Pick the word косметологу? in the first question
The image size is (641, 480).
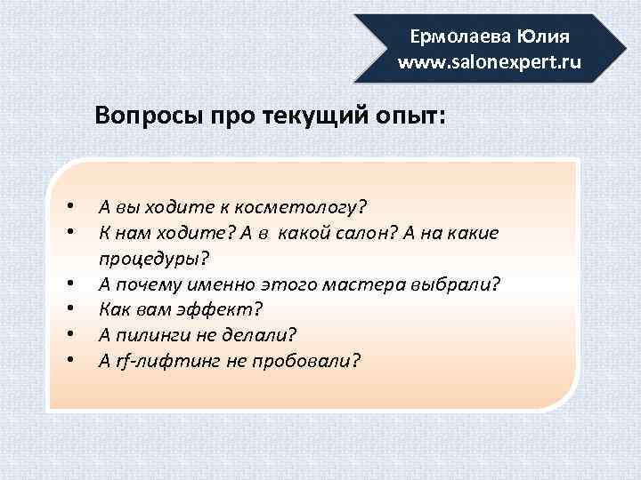point(304,207)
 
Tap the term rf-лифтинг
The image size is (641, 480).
point(161,362)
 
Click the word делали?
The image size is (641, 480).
point(264,336)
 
